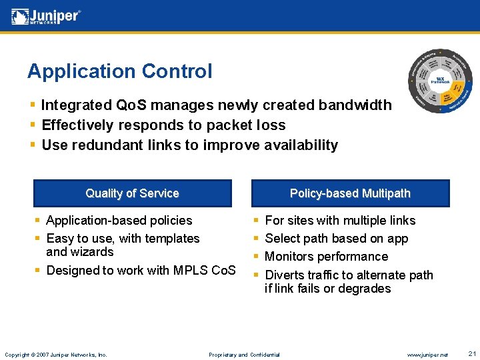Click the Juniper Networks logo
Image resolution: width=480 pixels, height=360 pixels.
coord(46,15)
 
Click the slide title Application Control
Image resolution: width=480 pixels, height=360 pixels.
coord(119,71)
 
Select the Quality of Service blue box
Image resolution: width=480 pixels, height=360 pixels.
coord(132,193)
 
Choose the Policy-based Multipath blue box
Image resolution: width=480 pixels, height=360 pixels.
coord(350,193)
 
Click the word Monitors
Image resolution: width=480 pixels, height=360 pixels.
coord(290,257)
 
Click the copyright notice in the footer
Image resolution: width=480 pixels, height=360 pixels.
coord(56,355)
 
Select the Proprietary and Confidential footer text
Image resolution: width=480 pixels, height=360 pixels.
coord(244,355)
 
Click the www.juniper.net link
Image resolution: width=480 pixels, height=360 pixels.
coord(427,355)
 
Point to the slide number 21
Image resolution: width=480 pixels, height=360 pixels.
coord(472,353)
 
